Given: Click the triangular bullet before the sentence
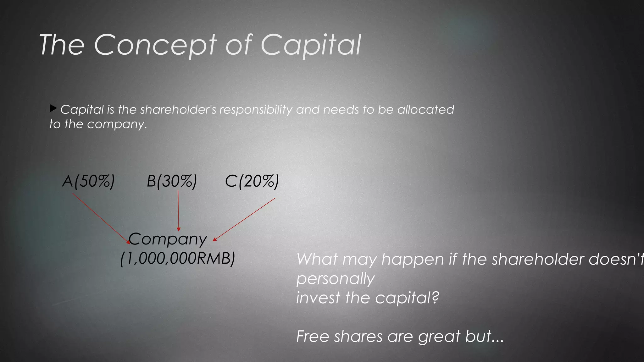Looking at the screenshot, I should coord(53,109).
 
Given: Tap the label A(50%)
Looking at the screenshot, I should coord(88,181).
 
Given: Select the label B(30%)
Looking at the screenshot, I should coord(172,181).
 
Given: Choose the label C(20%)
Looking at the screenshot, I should coord(252,181).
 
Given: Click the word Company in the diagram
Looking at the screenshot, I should coord(168,239).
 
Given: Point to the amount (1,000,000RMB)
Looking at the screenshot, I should coord(178,259).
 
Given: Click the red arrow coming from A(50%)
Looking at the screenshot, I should coord(101,218).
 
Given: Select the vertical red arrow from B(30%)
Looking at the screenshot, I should coord(178,211).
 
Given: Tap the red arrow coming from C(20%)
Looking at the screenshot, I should coord(245,219).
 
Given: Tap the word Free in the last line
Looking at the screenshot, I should coord(313,336).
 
